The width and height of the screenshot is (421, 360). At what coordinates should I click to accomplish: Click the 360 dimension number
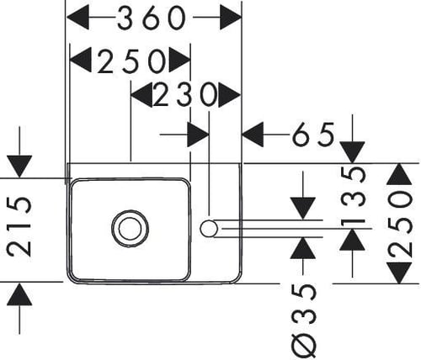152,18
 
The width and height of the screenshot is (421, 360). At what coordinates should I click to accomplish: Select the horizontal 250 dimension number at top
131,61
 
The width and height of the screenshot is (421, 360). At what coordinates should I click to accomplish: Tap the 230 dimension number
185,95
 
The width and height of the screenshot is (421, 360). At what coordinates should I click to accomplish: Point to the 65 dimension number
313,135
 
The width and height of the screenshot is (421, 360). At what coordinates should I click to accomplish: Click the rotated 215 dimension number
19,226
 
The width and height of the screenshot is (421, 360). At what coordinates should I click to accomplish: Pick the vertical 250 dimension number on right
400,224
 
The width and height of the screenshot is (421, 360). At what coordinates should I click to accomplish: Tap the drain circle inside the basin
131,229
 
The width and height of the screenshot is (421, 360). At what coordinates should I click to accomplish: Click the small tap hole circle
209,229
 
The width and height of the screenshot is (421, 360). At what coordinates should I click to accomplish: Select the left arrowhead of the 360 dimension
78,18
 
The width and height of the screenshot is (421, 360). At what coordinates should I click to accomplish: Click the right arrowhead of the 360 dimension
230,18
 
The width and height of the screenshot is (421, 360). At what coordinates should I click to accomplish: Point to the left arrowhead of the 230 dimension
142,95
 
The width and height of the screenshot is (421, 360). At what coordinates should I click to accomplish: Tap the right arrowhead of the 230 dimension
229,95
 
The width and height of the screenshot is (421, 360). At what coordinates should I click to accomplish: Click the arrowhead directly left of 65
253,135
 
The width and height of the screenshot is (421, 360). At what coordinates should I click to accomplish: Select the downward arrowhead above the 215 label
19,167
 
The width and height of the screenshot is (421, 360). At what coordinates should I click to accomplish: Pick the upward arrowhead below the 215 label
19,294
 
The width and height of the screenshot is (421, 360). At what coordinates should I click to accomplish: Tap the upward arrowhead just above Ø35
302,248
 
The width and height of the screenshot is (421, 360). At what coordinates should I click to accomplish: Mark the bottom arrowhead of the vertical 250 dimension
399,273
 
